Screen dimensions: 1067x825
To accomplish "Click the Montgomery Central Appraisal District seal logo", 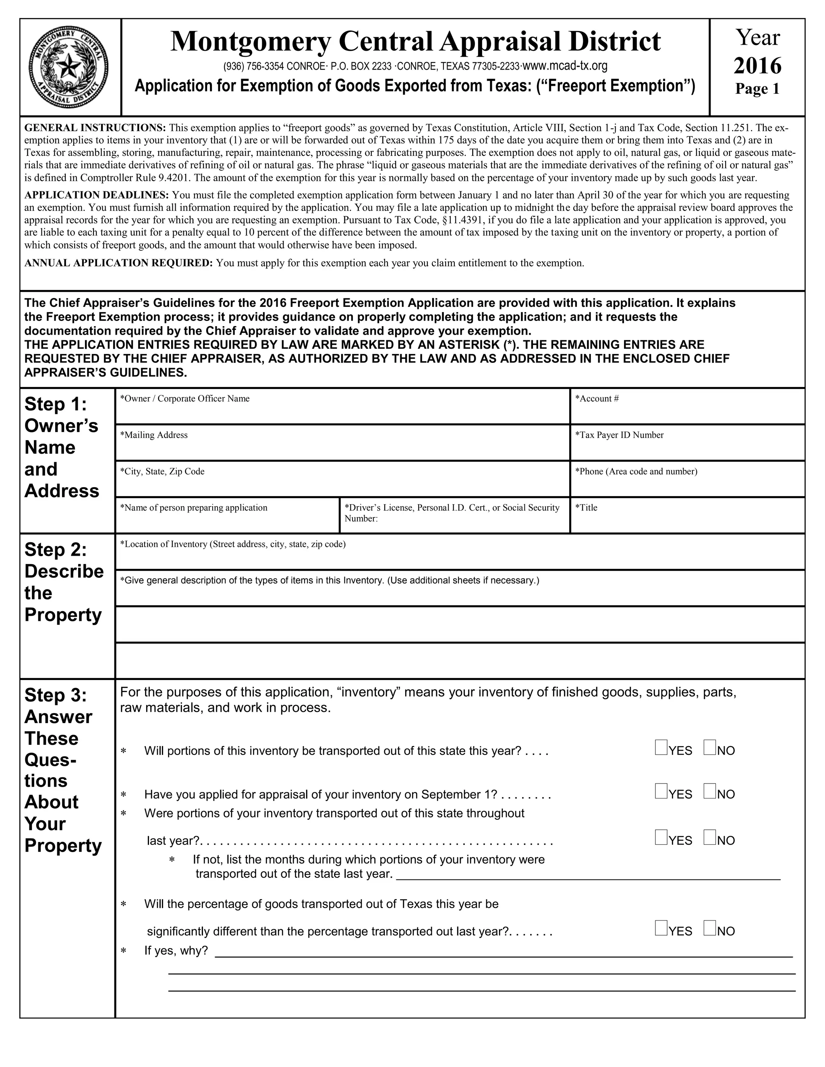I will point(69,66).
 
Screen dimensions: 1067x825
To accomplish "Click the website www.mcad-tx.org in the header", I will point(565,66).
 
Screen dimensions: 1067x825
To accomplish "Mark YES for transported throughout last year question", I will point(661,838).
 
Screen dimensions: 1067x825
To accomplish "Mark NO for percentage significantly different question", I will point(710,928).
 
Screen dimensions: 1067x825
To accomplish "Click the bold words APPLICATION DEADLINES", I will point(97,195).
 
